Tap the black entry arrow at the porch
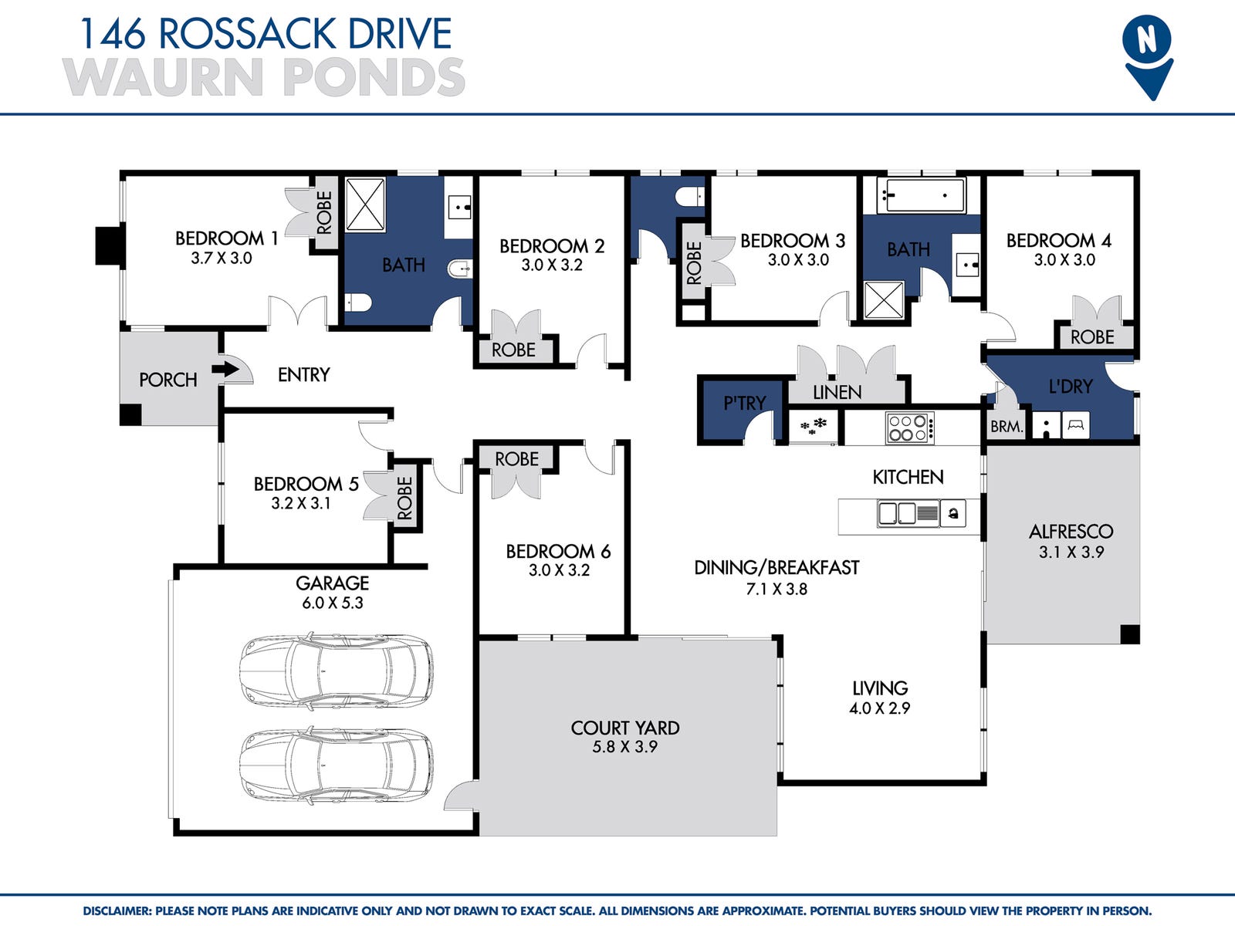(x=225, y=370)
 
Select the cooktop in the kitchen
(x=910, y=428)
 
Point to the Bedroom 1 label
(x=227, y=238)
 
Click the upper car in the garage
(x=336, y=672)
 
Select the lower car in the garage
(x=336, y=765)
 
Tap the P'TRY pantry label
(x=744, y=403)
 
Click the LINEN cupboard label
(x=837, y=392)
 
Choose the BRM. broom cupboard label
(x=1007, y=427)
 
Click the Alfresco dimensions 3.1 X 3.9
(x=1071, y=552)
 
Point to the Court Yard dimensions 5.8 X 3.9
(x=624, y=747)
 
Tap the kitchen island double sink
(x=898, y=513)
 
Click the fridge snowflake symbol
(x=814, y=426)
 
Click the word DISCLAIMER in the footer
(x=117, y=911)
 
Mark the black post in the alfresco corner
(x=1130, y=634)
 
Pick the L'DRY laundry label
(x=1071, y=387)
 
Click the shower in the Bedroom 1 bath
(x=365, y=204)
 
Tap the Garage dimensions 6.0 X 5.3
(x=333, y=603)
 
